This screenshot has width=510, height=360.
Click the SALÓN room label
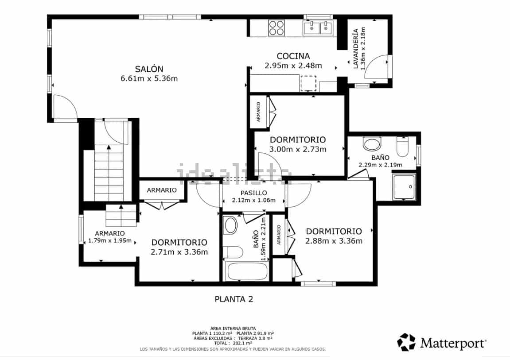click(x=149, y=69)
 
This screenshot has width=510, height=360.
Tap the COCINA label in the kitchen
click(x=293, y=56)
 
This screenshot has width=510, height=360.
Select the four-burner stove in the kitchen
click(x=276, y=28)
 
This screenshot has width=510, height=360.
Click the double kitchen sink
click(x=318, y=28)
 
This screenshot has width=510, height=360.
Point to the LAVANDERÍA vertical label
click(x=355, y=49)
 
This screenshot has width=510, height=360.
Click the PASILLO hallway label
click(x=253, y=193)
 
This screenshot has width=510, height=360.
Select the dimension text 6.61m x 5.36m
click(x=149, y=79)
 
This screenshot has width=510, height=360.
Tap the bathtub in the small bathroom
click(x=246, y=271)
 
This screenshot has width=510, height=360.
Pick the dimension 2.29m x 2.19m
click(x=380, y=165)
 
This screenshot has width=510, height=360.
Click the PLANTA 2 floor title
click(x=234, y=299)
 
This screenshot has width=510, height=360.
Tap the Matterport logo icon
click(x=406, y=342)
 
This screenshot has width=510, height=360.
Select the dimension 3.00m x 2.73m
click(x=298, y=149)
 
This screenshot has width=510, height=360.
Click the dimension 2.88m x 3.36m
click(x=334, y=241)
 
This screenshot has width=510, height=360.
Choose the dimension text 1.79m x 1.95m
click(x=109, y=241)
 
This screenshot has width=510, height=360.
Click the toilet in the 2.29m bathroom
click(x=402, y=147)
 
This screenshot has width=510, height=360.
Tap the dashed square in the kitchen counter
click(x=308, y=83)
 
